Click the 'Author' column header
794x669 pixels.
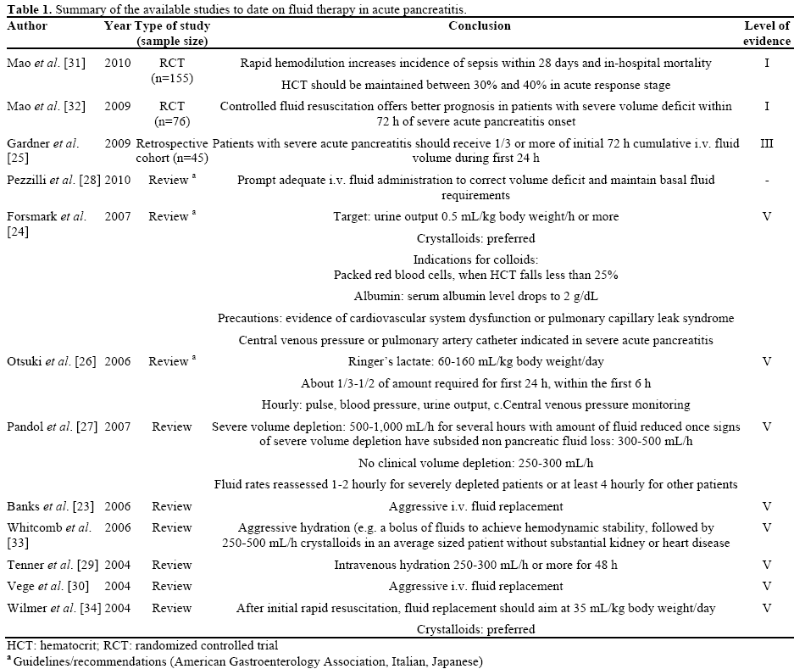27,25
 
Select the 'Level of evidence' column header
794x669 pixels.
766,33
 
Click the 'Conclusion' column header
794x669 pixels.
480,25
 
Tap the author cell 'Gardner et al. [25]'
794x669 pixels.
43,151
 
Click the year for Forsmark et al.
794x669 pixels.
118,216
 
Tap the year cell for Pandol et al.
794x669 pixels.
118,426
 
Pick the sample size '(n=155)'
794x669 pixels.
172,78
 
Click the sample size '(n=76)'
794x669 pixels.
172,122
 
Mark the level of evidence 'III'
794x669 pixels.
766,143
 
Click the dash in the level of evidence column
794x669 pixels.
766,180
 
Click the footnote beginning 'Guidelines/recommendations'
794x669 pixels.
246,661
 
